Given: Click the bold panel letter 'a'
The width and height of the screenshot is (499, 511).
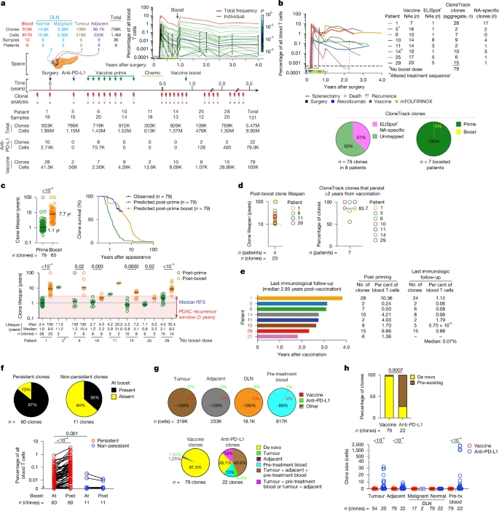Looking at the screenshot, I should pyautogui.click(x=4, y=4).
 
